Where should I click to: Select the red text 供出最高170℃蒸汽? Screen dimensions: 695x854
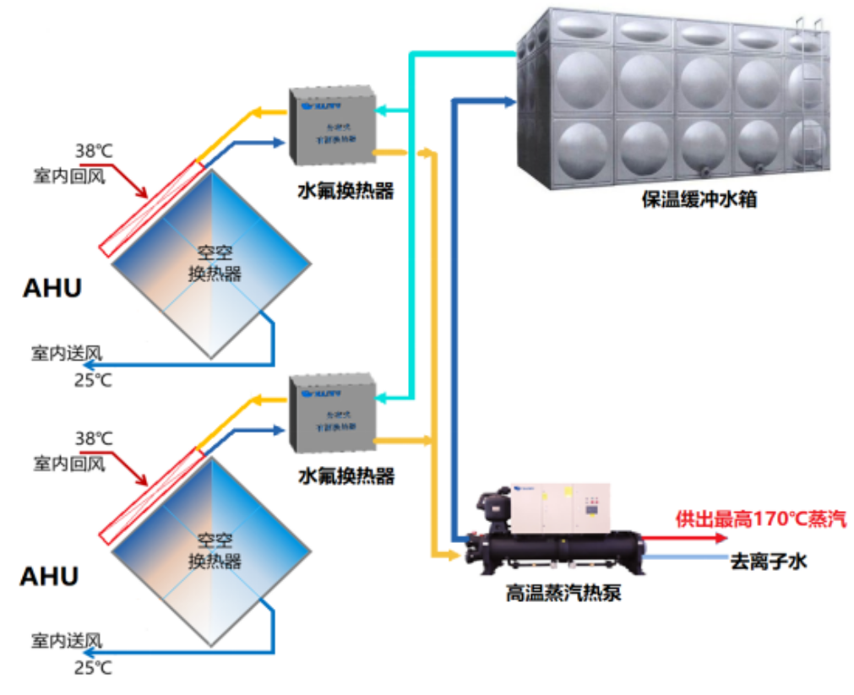point(760,519)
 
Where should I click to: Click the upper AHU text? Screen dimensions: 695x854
point(52,288)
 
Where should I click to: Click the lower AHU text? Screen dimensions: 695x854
point(49,577)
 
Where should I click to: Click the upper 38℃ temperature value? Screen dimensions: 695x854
point(93,151)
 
